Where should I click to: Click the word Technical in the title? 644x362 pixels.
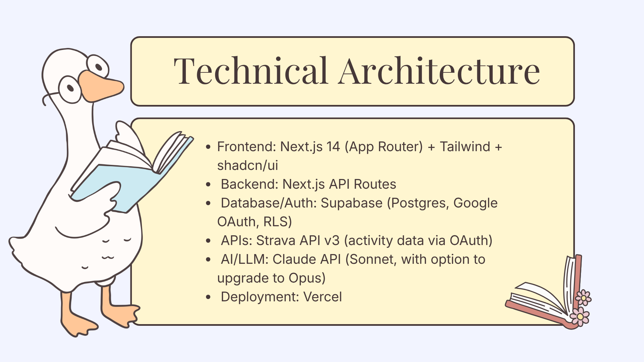click(251, 71)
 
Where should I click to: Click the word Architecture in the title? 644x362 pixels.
click(439, 71)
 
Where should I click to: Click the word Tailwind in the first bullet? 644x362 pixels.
click(465, 147)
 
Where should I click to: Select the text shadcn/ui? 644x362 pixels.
click(248, 166)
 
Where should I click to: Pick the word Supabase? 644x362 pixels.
click(352, 203)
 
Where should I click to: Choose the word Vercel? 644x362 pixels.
click(323, 297)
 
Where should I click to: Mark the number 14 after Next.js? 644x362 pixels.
click(333, 147)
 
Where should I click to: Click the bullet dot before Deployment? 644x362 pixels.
click(209, 297)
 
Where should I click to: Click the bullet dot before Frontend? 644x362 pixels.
click(209, 147)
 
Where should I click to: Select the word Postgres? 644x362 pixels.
click(419, 203)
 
